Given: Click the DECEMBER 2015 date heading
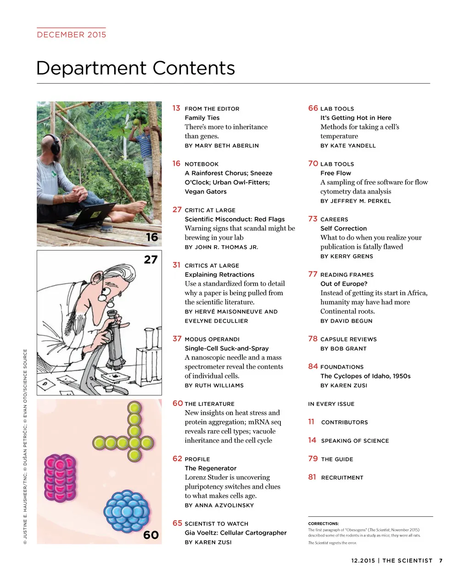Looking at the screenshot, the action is point(72,34).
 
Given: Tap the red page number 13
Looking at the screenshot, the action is point(176,108).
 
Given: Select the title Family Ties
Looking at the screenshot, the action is point(202,118).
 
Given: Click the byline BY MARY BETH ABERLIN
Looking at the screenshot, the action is point(222,146).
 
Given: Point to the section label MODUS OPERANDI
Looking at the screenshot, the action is point(212,339).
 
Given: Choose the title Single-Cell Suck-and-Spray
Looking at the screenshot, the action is point(227,348).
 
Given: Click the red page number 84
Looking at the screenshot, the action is point(313,367).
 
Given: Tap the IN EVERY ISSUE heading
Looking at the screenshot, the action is point(331,404).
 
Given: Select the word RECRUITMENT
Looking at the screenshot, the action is point(342,478).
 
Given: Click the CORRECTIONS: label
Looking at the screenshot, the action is point(323,524).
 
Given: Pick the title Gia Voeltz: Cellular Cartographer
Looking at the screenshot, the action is point(235,533).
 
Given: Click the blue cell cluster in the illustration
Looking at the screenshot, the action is point(127,512).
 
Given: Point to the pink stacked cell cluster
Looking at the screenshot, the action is point(60,478).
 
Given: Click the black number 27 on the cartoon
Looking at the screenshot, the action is point(151,259).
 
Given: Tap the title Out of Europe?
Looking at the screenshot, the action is point(343,284).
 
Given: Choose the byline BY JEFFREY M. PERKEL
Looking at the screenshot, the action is point(356,201).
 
